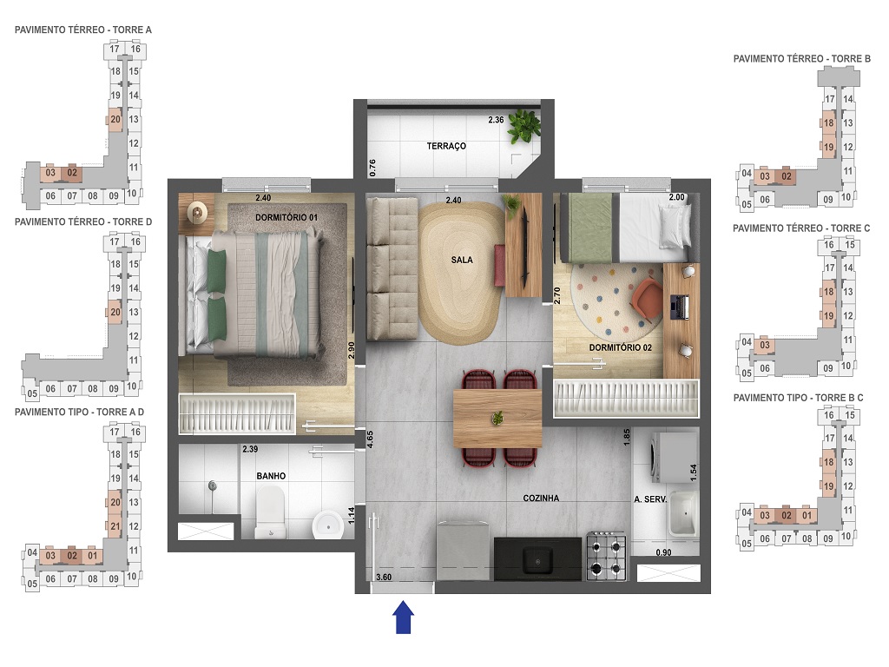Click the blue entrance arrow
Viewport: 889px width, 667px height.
click(x=404, y=619)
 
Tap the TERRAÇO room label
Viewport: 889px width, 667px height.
click(x=446, y=146)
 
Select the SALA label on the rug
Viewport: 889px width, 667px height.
click(x=462, y=260)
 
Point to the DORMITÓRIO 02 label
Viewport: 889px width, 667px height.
click(x=620, y=347)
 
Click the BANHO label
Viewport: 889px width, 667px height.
click(x=270, y=476)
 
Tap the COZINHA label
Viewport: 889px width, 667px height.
click(x=541, y=499)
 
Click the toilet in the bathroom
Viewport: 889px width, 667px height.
click(x=271, y=512)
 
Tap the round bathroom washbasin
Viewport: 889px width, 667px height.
click(x=328, y=524)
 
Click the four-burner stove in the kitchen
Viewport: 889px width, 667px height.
click(x=607, y=557)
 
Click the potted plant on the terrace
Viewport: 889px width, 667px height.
click(x=524, y=127)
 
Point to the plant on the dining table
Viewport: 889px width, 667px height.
click(x=497, y=419)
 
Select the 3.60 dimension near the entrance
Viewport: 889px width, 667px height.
click(x=384, y=577)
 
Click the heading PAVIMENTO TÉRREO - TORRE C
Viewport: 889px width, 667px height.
click(x=801, y=228)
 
